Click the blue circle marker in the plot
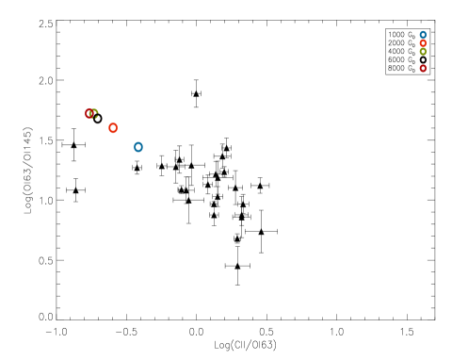138,147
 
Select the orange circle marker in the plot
113,128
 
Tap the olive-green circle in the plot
93,114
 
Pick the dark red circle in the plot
89,114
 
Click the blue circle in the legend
423,35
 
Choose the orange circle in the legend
423,43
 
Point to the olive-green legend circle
423,52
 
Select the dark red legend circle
423,68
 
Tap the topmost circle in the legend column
423,35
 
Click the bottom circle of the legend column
423,68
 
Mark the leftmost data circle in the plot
89,114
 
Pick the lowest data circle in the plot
138,147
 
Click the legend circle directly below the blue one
423,43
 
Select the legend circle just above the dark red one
423,52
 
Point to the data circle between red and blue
113,128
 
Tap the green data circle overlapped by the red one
94,114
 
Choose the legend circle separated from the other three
423,68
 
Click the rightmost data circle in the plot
138,147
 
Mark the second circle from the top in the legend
423,43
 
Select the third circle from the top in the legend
423,52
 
